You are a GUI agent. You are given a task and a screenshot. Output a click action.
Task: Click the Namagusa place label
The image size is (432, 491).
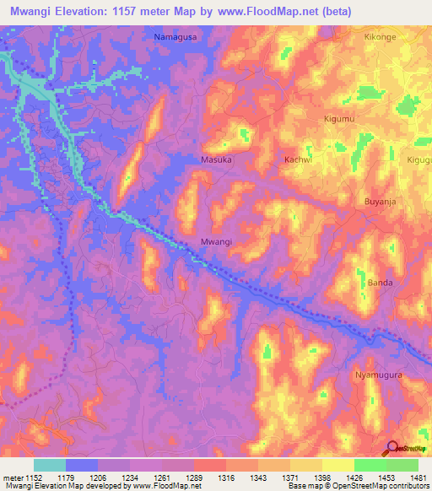177,37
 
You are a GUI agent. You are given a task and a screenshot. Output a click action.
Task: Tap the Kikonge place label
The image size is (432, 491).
379,38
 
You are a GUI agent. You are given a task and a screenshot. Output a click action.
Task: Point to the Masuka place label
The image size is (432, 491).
217,159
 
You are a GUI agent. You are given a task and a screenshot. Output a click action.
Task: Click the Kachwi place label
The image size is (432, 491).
298,159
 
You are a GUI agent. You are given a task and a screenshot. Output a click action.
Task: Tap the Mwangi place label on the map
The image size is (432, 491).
216,241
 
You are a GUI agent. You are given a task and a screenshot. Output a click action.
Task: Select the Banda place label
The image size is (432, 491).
380,283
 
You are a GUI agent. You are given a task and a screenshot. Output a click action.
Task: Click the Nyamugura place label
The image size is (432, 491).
379,374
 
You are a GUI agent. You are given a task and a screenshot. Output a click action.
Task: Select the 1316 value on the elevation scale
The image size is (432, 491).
226,478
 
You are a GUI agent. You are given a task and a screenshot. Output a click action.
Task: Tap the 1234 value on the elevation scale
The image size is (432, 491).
130,478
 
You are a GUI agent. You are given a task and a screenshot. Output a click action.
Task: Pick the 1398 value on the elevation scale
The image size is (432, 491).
321,478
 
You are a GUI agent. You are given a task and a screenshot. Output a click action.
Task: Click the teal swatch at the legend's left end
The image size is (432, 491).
50,465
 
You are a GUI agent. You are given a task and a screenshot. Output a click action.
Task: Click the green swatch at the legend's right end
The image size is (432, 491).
402,465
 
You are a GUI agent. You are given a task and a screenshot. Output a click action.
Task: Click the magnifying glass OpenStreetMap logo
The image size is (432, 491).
394,448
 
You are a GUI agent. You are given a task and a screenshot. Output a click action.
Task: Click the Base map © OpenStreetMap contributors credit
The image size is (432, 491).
358,486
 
